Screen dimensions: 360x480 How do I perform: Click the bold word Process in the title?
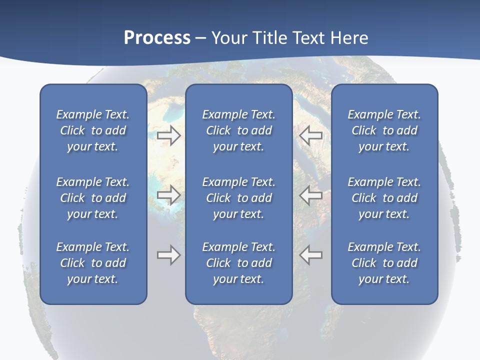(157, 38)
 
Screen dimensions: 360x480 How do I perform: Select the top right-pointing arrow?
(168, 135)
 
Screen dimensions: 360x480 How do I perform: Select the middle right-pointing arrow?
(168, 194)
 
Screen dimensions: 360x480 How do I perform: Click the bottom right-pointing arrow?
(168, 254)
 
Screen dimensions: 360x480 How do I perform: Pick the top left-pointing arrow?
(310, 135)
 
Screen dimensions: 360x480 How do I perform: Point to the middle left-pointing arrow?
(310, 194)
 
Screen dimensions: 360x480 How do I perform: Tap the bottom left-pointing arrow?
(310, 254)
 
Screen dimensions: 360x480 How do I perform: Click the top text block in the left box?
(93, 130)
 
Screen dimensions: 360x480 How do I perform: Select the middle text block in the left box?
(93, 198)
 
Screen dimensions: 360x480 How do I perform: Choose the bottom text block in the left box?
(93, 263)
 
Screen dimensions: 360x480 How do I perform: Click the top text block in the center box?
(239, 130)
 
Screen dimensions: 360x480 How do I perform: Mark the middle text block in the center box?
(239, 198)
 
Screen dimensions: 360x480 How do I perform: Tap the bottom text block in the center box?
(239, 263)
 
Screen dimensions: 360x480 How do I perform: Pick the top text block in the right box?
(384, 130)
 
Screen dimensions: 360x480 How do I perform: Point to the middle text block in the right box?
(384, 198)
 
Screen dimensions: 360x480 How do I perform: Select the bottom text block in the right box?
(384, 263)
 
